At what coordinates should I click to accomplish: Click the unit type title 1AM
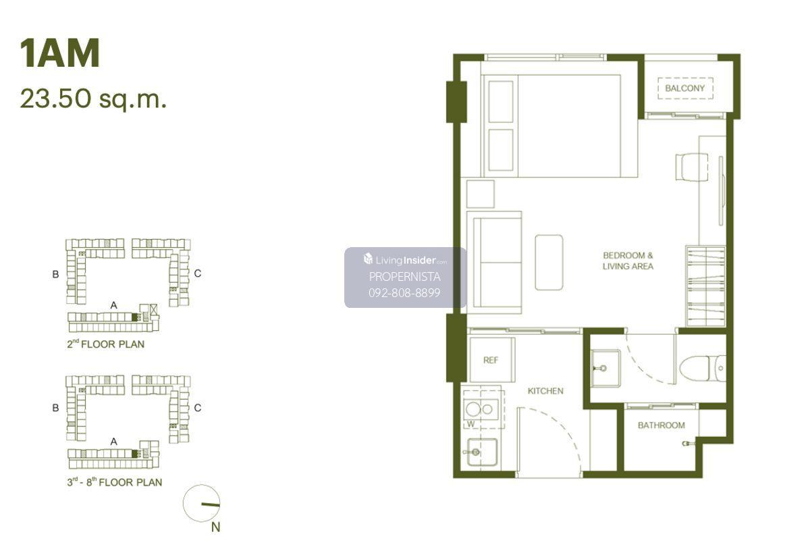[59, 53]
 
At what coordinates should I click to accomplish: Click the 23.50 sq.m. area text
[93, 99]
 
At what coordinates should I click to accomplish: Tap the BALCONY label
[685, 88]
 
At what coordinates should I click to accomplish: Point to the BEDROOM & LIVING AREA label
[628, 261]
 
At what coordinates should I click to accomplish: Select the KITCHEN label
[545, 391]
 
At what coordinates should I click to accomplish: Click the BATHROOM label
[661, 425]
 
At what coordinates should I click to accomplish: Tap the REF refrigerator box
[492, 360]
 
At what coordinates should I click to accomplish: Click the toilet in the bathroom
[702, 368]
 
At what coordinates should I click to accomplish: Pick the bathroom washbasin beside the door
[605, 368]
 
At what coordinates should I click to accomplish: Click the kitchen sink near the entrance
[482, 452]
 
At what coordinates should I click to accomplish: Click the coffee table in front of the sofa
[549, 262]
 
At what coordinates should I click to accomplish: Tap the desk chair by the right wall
[691, 167]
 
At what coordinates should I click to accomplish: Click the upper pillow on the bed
[501, 102]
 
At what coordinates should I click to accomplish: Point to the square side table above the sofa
[480, 194]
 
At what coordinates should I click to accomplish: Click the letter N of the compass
[215, 527]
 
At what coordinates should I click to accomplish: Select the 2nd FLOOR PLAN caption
[105, 344]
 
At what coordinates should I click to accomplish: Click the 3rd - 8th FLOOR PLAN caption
[115, 481]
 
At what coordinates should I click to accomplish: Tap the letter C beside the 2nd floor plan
[197, 273]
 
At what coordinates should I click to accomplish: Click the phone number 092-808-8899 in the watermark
[404, 292]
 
